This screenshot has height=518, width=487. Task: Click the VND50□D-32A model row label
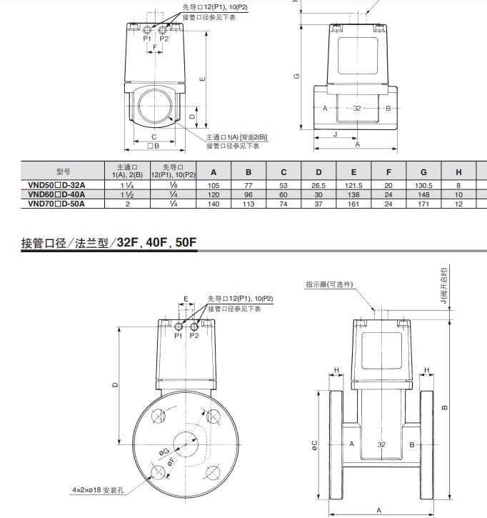(x=56, y=185)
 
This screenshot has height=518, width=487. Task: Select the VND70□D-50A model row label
(x=56, y=204)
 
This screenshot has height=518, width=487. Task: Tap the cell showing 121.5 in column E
(x=353, y=185)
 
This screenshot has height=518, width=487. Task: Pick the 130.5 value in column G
(x=423, y=185)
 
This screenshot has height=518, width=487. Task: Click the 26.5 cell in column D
(x=318, y=185)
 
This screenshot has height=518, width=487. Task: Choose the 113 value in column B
(x=248, y=204)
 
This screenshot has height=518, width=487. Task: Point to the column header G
(x=423, y=172)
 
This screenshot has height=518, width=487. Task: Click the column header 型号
(x=63, y=171)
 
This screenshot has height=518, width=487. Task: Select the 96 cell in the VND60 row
(x=248, y=194)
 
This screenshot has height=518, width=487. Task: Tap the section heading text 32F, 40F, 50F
(x=156, y=242)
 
